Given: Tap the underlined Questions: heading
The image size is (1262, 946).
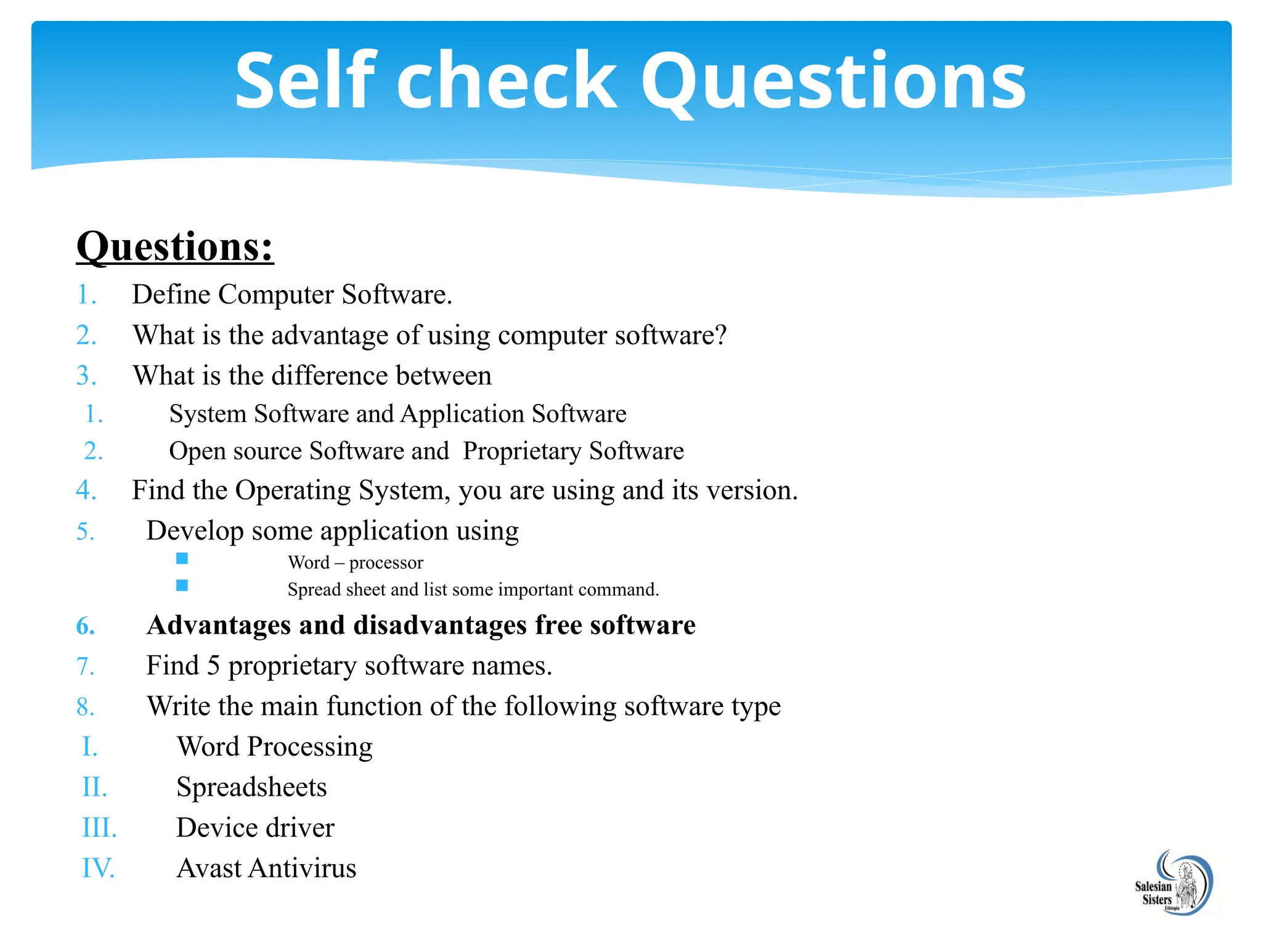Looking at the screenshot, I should pyautogui.click(x=175, y=247).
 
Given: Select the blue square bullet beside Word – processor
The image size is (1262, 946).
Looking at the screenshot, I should pyautogui.click(x=182, y=559).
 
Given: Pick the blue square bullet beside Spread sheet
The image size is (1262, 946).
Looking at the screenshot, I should pyautogui.click(x=182, y=585).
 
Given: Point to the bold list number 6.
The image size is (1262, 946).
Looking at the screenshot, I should pyautogui.click(x=86, y=626).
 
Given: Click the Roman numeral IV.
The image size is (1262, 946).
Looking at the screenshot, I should pyautogui.click(x=98, y=868).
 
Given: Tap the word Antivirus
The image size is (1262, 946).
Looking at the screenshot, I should pyautogui.click(x=303, y=868).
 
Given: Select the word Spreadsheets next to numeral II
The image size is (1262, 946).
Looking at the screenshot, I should pyautogui.click(x=251, y=787).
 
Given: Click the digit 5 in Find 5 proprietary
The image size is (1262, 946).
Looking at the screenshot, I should pyautogui.click(x=213, y=666).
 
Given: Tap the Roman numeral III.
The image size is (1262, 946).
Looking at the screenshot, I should pyautogui.click(x=99, y=828).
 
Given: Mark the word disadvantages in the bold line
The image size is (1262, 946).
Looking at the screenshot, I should pyautogui.click(x=440, y=625).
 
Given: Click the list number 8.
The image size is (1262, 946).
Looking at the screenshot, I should pyautogui.click(x=86, y=707).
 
